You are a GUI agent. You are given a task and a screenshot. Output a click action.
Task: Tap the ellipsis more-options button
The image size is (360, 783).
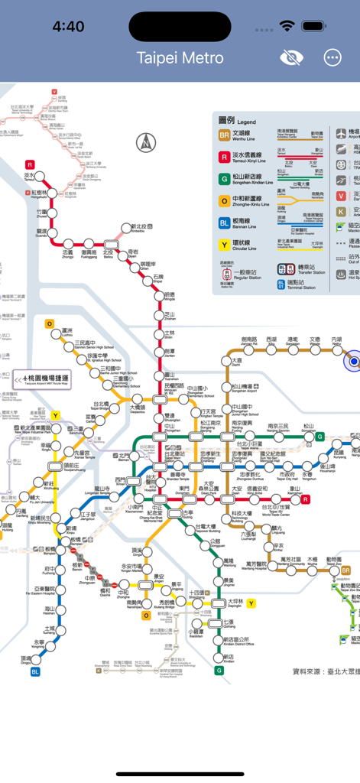(x=332, y=58)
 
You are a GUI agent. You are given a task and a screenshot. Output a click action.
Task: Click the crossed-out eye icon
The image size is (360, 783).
(x=291, y=58)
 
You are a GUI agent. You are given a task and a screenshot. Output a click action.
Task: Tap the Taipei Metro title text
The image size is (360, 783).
(x=180, y=58)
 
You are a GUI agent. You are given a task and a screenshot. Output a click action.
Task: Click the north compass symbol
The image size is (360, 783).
(x=145, y=142)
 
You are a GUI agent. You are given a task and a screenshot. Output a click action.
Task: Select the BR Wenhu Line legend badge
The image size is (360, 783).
(x=225, y=135)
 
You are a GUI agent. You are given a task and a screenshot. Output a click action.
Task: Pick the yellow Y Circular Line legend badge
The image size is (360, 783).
(x=225, y=245)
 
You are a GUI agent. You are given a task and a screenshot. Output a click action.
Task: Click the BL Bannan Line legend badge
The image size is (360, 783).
(x=225, y=223)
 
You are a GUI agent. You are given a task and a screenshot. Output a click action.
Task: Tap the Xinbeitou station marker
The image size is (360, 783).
(x=127, y=227)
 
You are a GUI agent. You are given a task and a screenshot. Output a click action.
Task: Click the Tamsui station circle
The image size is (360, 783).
(x=31, y=176)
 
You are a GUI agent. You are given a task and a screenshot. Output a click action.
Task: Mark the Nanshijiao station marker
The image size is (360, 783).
(x=147, y=603)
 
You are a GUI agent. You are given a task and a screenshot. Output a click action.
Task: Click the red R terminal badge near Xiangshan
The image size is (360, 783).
(x=306, y=499)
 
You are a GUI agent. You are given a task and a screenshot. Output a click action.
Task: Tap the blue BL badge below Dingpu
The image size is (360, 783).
(x=35, y=672)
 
